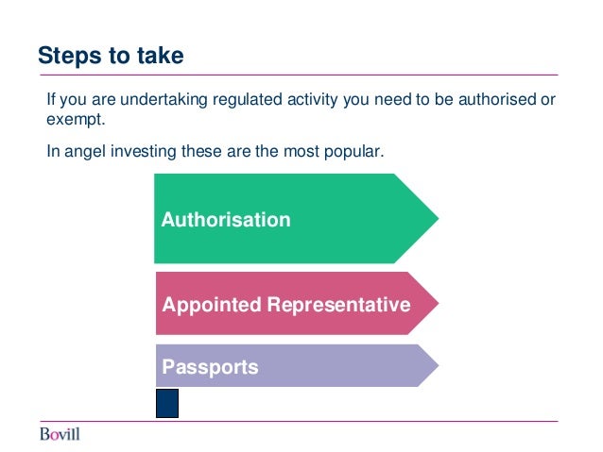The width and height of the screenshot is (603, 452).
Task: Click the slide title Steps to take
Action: click(111, 56)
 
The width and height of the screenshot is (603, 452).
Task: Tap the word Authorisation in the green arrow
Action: click(226, 220)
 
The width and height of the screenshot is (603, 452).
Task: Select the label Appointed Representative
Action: click(285, 305)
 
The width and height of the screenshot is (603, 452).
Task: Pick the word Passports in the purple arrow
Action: click(210, 366)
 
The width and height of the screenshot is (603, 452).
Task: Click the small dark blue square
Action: click(167, 403)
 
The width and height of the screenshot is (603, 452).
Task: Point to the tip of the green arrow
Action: click(437, 218)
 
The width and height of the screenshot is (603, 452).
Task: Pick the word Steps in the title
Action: click(63, 56)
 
